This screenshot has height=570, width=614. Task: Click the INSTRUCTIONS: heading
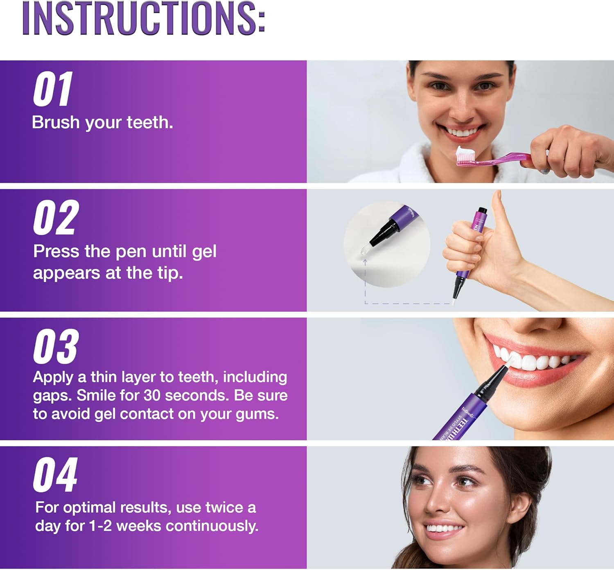143,18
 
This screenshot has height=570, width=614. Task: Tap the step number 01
53,89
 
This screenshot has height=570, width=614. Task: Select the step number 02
56,218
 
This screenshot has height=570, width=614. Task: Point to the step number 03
56,347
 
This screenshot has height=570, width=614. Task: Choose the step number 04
55,475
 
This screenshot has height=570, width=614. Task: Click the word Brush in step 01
56,122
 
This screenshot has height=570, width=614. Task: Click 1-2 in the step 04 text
100,526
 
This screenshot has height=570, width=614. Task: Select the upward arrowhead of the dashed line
365,260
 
